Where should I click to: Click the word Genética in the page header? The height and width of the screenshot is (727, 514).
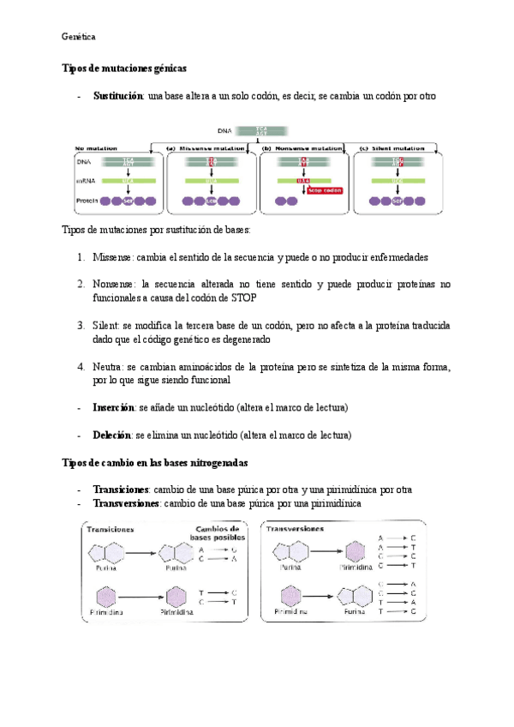79,37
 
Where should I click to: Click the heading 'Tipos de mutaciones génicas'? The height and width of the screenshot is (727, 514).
124,68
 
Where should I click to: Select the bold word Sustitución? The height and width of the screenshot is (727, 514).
117,96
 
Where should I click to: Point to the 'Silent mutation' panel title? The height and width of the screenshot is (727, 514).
397,147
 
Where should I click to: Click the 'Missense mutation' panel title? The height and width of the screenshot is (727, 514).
209,147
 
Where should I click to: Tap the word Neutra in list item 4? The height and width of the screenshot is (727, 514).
108,366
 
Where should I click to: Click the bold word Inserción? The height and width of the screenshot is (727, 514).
113,406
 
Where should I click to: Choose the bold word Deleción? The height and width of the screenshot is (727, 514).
112,435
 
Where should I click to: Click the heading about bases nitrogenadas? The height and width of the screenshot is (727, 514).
155,464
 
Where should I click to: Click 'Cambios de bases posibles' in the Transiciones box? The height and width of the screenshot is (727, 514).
217,533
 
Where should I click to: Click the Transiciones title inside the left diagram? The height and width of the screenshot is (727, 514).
114,530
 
